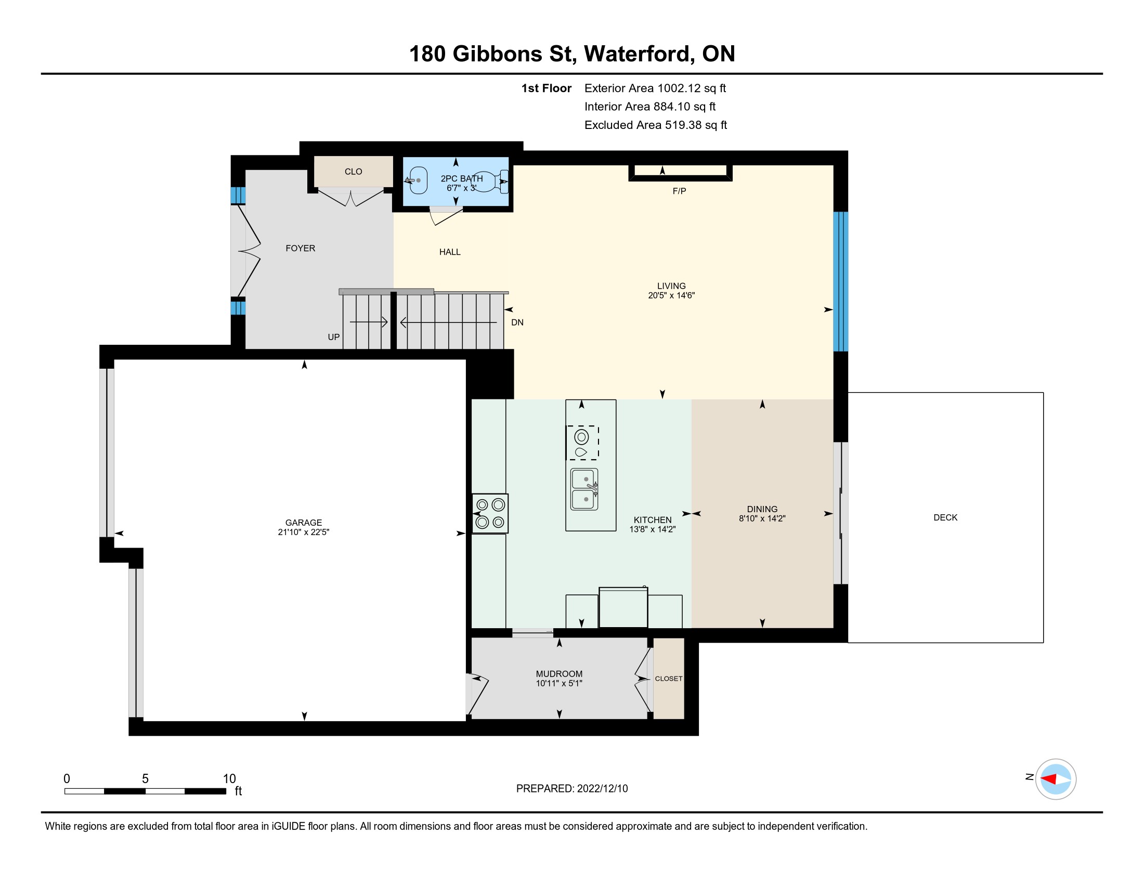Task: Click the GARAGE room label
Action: (x=304, y=523)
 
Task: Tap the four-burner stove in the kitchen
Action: (x=490, y=513)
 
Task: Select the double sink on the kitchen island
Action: (x=584, y=489)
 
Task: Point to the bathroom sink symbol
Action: (x=417, y=180)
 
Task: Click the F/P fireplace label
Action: (x=680, y=191)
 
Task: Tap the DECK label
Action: (x=945, y=517)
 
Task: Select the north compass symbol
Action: (x=1056, y=779)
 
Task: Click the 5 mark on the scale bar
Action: (x=145, y=779)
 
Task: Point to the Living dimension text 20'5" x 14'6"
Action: (x=671, y=295)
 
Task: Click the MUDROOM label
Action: (x=559, y=674)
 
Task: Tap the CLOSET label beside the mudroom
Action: (x=669, y=679)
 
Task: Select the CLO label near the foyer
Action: (x=354, y=172)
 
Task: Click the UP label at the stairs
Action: (x=334, y=337)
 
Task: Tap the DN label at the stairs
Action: (x=517, y=322)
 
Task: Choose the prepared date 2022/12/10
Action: (x=602, y=789)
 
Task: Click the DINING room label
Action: (x=762, y=509)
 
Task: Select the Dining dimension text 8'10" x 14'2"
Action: (x=762, y=518)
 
